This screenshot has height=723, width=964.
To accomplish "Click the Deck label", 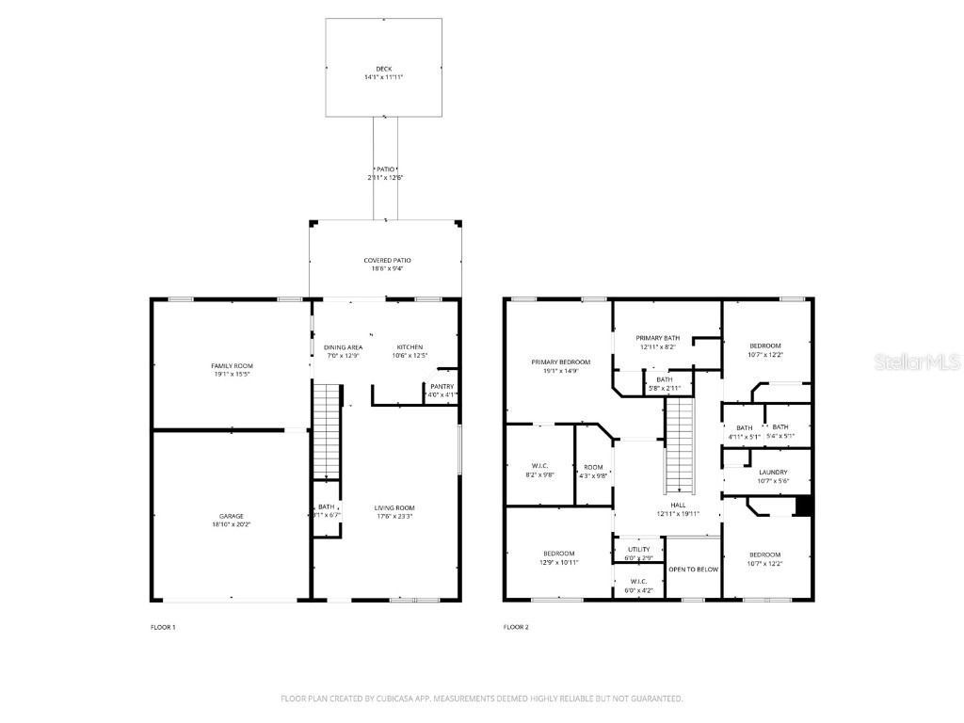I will point(383,69).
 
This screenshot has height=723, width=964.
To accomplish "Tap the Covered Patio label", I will point(387,260).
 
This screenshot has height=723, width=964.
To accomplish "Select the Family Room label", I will point(232,365).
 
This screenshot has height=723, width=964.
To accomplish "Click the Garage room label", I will point(232,516).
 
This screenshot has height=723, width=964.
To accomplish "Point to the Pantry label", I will point(442,386).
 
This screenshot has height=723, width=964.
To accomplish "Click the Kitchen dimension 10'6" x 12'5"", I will point(410,356).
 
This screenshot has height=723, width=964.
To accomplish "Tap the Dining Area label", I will point(343,347).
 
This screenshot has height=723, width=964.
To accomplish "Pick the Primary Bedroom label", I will point(560,362).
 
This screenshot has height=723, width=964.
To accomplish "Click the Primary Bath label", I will point(657,338).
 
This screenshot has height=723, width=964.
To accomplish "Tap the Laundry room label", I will point(772,473).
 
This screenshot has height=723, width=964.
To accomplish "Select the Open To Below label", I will point(693,570).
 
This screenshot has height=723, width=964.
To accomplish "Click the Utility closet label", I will point(638,548).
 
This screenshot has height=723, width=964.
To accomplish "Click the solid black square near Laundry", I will point(803,506).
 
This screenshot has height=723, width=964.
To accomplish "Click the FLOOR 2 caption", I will point(516,627).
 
